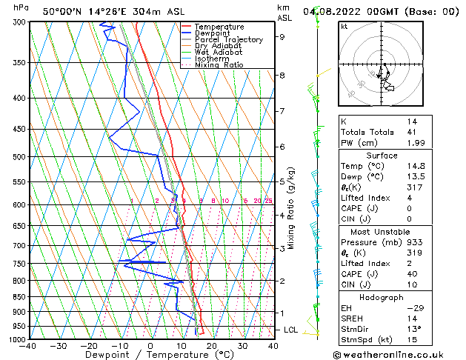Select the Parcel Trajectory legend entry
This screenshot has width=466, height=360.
pos(228,40)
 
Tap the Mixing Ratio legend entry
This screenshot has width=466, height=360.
pos(219,65)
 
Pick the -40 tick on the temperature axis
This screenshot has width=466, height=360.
pos(28,345)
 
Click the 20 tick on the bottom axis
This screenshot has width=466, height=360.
pos(211,345)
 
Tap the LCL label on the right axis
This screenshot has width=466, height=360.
pos(291,330)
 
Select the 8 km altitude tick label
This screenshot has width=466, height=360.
pos(282,76)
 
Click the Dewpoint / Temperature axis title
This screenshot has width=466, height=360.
pos(150,355)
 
